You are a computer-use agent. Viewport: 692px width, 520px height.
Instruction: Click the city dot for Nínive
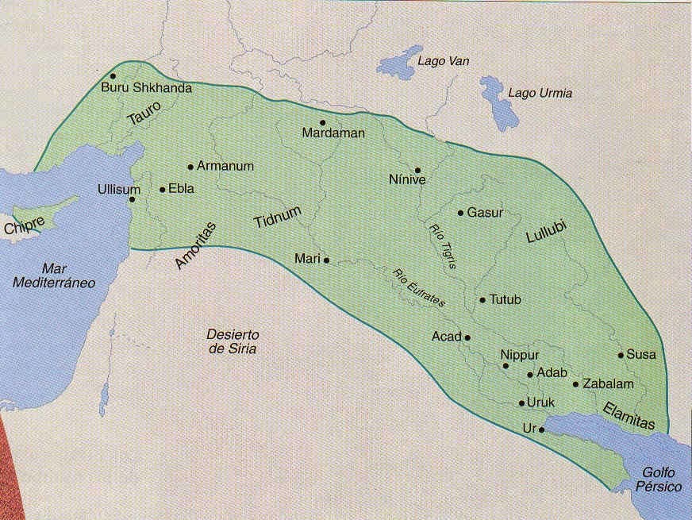[x=417, y=170]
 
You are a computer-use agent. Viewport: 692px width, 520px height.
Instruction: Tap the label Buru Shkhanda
[x=147, y=88]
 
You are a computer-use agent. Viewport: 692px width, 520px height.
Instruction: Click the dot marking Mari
[x=326, y=260]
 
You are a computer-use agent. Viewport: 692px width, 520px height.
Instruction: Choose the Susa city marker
[x=621, y=355]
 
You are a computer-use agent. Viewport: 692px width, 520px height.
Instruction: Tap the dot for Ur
[x=542, y=429]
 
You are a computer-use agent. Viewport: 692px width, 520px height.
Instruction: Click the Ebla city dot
[x=163, y=190]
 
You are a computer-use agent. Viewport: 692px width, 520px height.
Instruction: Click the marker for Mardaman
[x=323, y=122]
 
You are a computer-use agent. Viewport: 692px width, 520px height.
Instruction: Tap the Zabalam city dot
[x=576, y=384]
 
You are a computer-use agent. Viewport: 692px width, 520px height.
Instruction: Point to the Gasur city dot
[x=460, y=213]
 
